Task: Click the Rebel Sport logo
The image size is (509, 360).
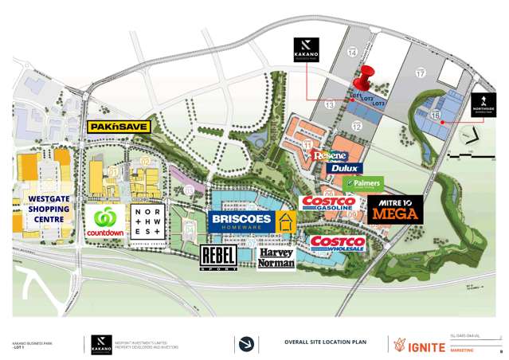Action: (x=218, y=258)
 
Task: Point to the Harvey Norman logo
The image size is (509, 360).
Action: (x=276, y=257)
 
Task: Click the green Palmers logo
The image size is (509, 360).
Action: (x=362, y=184)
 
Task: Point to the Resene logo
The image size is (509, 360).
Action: (x=328, y=156)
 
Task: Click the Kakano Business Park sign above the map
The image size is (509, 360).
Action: (x=305, y=46)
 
